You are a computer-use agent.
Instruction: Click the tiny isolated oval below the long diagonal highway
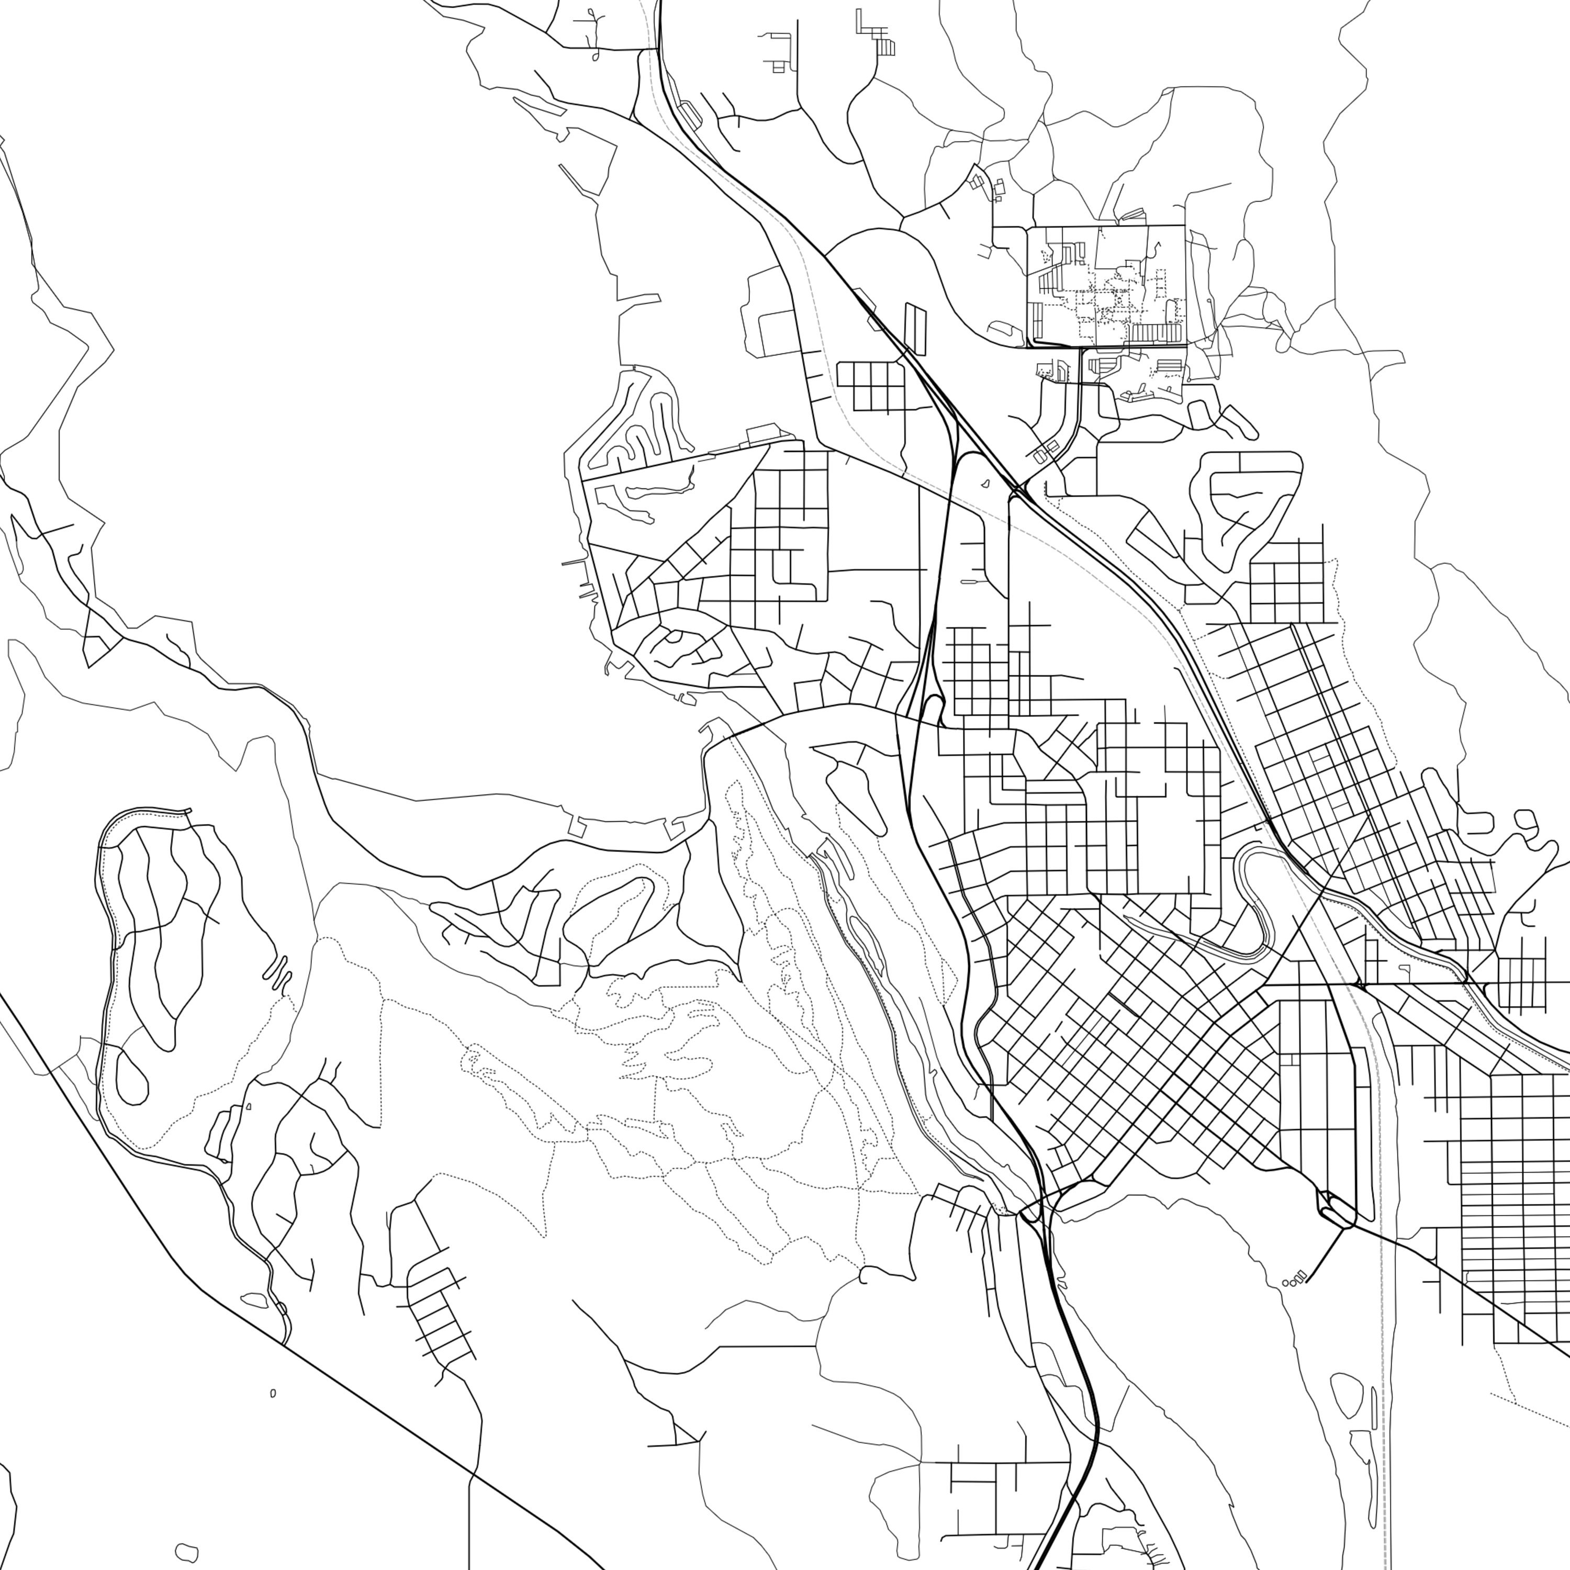coord(273,1393)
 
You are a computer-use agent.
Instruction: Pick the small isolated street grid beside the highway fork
coord(869,386)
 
